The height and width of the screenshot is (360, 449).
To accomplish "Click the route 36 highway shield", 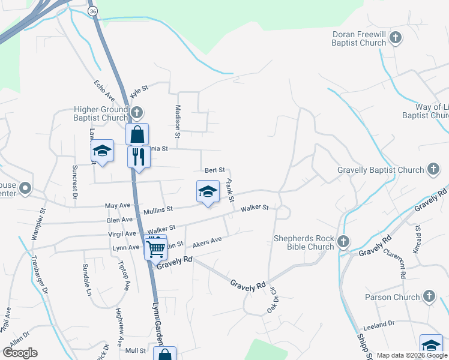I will pyautogui.click(x=92, y=11).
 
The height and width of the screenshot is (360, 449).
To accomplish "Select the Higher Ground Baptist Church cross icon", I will pyautogui.click(x=137, y=112).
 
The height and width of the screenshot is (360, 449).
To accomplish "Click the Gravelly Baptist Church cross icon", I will pyautogui.click(x=433, y=170).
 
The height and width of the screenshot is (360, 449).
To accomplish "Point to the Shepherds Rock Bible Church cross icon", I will pyautogui.click(x=343, y=242).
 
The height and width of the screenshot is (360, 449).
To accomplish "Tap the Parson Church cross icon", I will pyautogui.click(x=429, y=296).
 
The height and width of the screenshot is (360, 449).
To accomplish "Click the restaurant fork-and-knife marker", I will pyautogui.click(x=139, y=157).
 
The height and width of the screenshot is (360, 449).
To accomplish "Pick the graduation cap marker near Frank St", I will pyautogui.click(x=208, y=191).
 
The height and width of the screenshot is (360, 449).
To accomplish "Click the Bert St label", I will pyautogui.click(x=214, y=170).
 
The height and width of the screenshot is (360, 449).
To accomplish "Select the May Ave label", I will pyautogui.click(x=118, y=206).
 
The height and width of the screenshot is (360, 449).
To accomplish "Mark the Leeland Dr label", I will pyautogui.click(x=379, y=323).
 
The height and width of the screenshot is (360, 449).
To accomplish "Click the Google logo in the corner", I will pyautogui.click(x=20, y=352).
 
